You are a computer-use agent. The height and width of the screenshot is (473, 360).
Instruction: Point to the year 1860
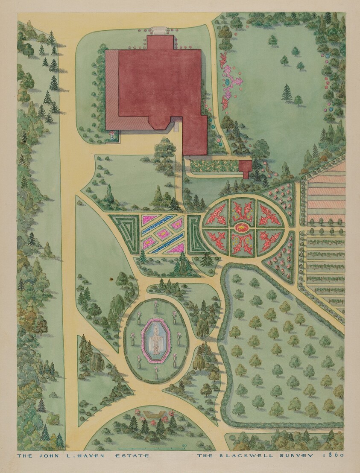[336, 455]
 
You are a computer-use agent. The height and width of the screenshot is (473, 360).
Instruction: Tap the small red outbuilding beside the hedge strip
[245, 168]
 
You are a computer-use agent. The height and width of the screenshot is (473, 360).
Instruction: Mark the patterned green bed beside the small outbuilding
[215, 166]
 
